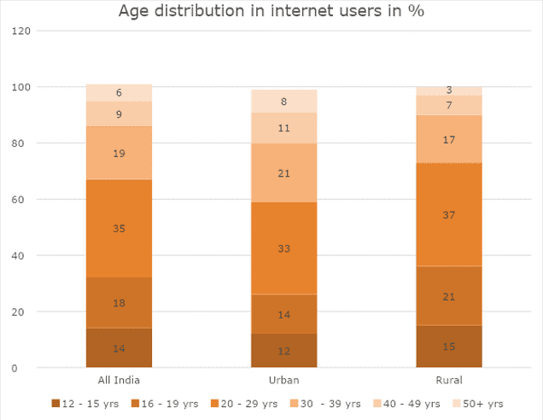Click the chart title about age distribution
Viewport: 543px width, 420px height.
point(271,12)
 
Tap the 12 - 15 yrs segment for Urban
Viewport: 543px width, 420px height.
point(283,351)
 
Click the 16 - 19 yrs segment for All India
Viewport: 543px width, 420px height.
point(120,303)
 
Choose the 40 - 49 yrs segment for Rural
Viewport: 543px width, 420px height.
point(449,106)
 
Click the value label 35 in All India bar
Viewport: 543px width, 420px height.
point(120,229)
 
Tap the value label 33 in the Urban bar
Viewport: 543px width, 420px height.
point(283,249)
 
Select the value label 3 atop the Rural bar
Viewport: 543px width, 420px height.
point(449,90)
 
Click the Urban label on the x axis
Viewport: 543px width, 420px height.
point(283,381)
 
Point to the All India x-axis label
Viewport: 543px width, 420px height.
point(120,381)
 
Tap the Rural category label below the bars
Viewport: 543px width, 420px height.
point(449,381)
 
